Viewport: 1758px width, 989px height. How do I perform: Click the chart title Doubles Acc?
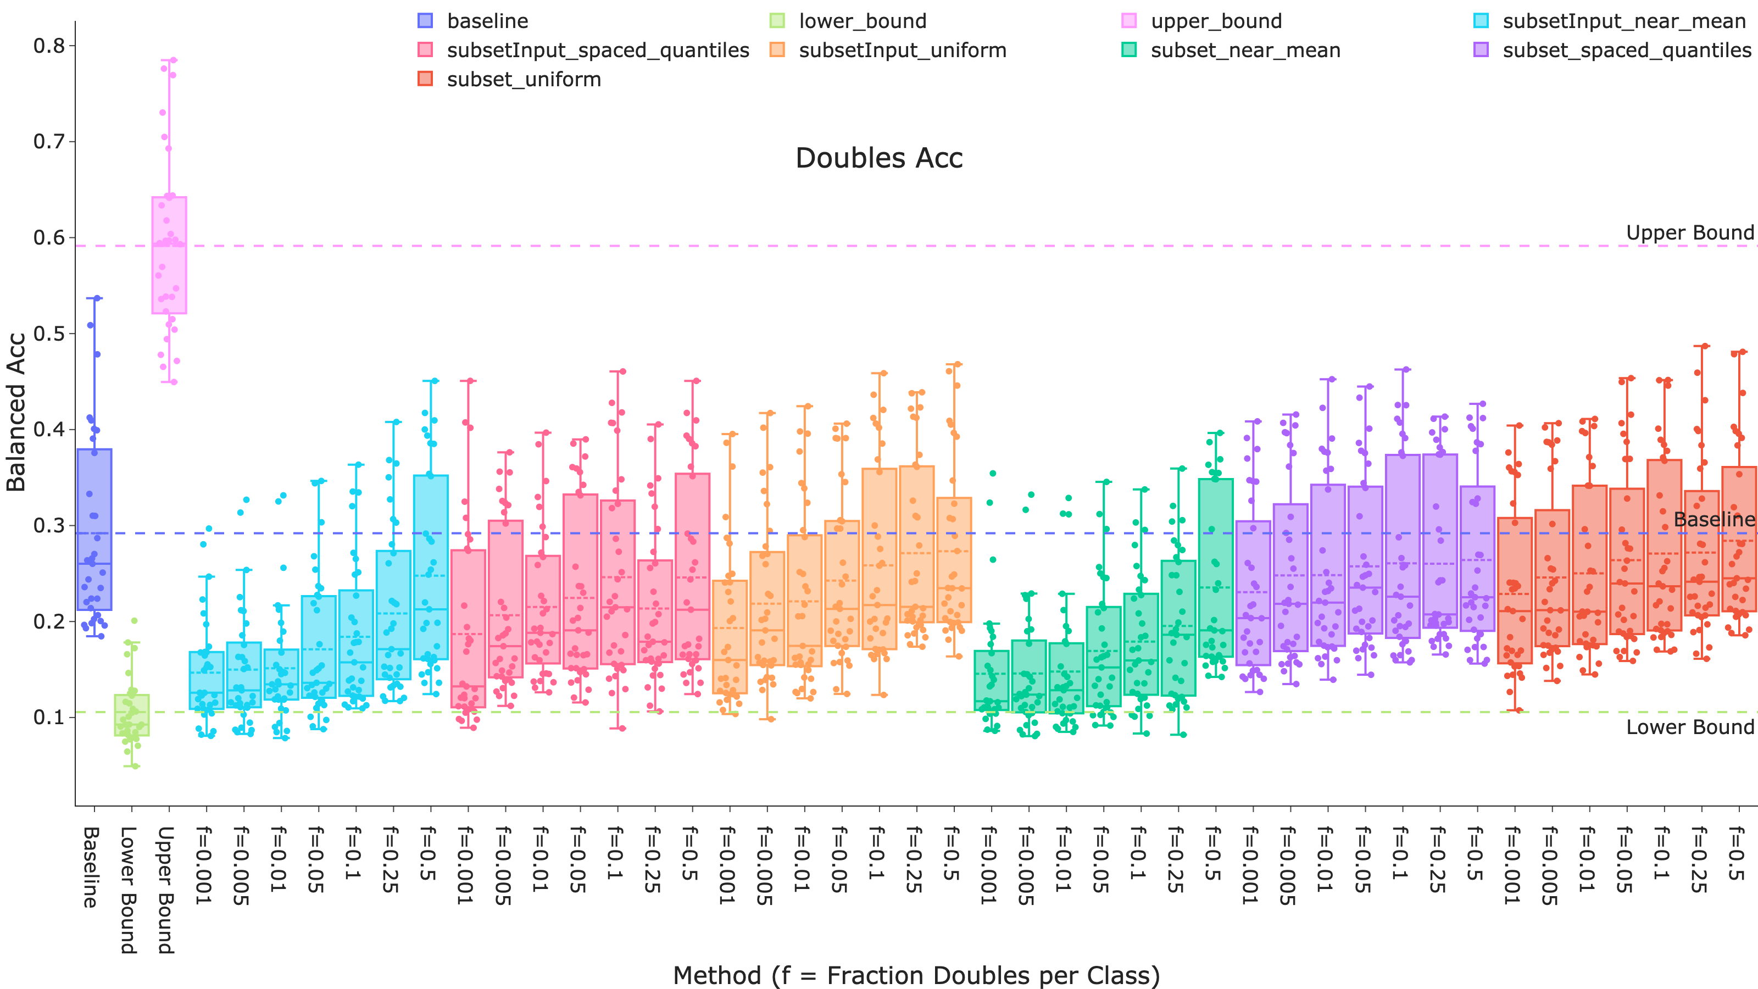tap(878, 158)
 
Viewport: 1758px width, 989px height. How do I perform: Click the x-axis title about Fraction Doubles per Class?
tap(916, 975)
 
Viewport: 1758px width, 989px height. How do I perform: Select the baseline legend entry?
tap(487, 21)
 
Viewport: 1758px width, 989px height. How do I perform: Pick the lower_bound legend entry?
tap(862, 21)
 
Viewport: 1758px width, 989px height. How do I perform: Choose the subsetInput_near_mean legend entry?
tap(1623, 21)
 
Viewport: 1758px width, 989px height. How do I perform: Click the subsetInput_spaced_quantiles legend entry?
tap(597, 51)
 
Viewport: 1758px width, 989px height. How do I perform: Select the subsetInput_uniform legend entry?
tap(902, 51)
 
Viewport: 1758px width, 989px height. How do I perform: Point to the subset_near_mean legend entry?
tap(1245, 51)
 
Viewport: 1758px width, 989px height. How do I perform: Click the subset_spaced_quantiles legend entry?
tap(1626, 51)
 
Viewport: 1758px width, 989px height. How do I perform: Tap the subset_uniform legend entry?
tap(524, 80)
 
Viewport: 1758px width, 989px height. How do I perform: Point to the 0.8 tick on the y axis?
tap(49, 46)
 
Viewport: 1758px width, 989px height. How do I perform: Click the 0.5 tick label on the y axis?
tap(49, 334)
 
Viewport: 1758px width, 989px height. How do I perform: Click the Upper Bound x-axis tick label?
tap(166, 890)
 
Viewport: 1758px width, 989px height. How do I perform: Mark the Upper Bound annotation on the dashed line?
tap(1689, 233)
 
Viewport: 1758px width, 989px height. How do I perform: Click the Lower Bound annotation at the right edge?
tap(1689, 727)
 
